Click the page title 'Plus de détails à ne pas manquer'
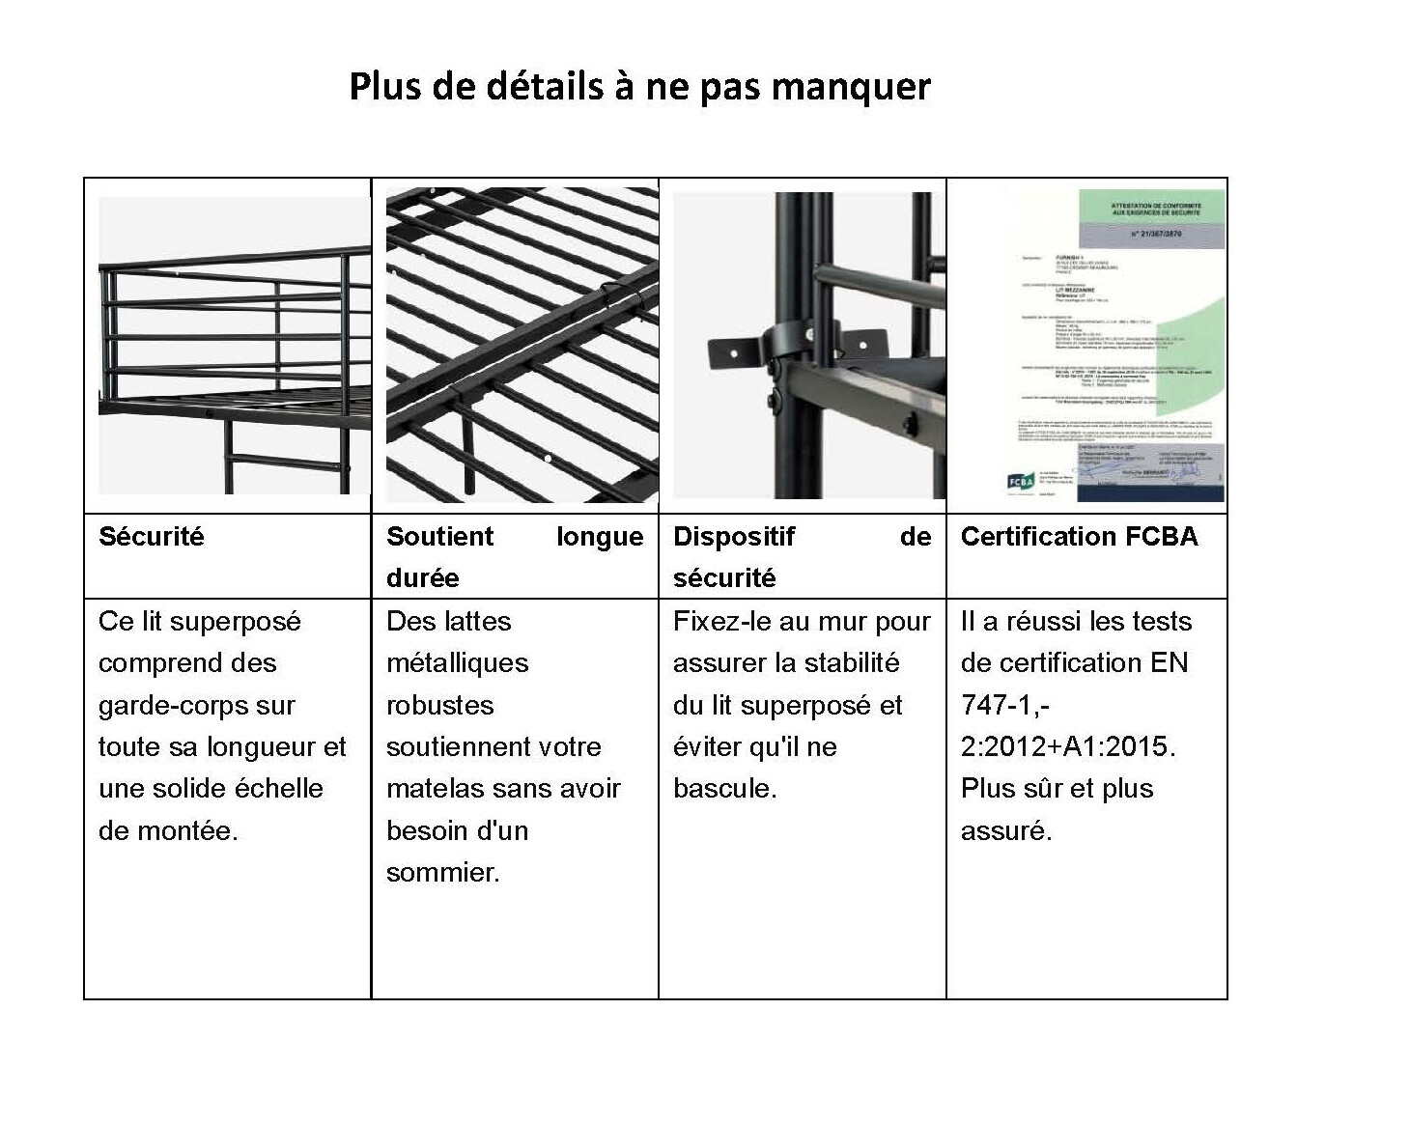[x=639, y=87]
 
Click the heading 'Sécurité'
[x=152, y=537]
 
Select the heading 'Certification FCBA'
[x=1079, y=537]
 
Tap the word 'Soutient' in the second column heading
[x=439, y=537]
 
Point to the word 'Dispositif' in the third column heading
[x=734, y=537]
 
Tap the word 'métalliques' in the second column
[x=458, y=663]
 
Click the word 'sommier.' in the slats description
[x=443, y=873]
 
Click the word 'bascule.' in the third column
[x=725, y=789]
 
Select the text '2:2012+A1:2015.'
[x=1068, y=747]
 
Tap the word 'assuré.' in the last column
[x=1006, y=830]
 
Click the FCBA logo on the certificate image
[x=1021, y=481]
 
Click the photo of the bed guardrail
[x=235, y=346]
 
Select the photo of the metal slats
[x=522, y=345]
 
